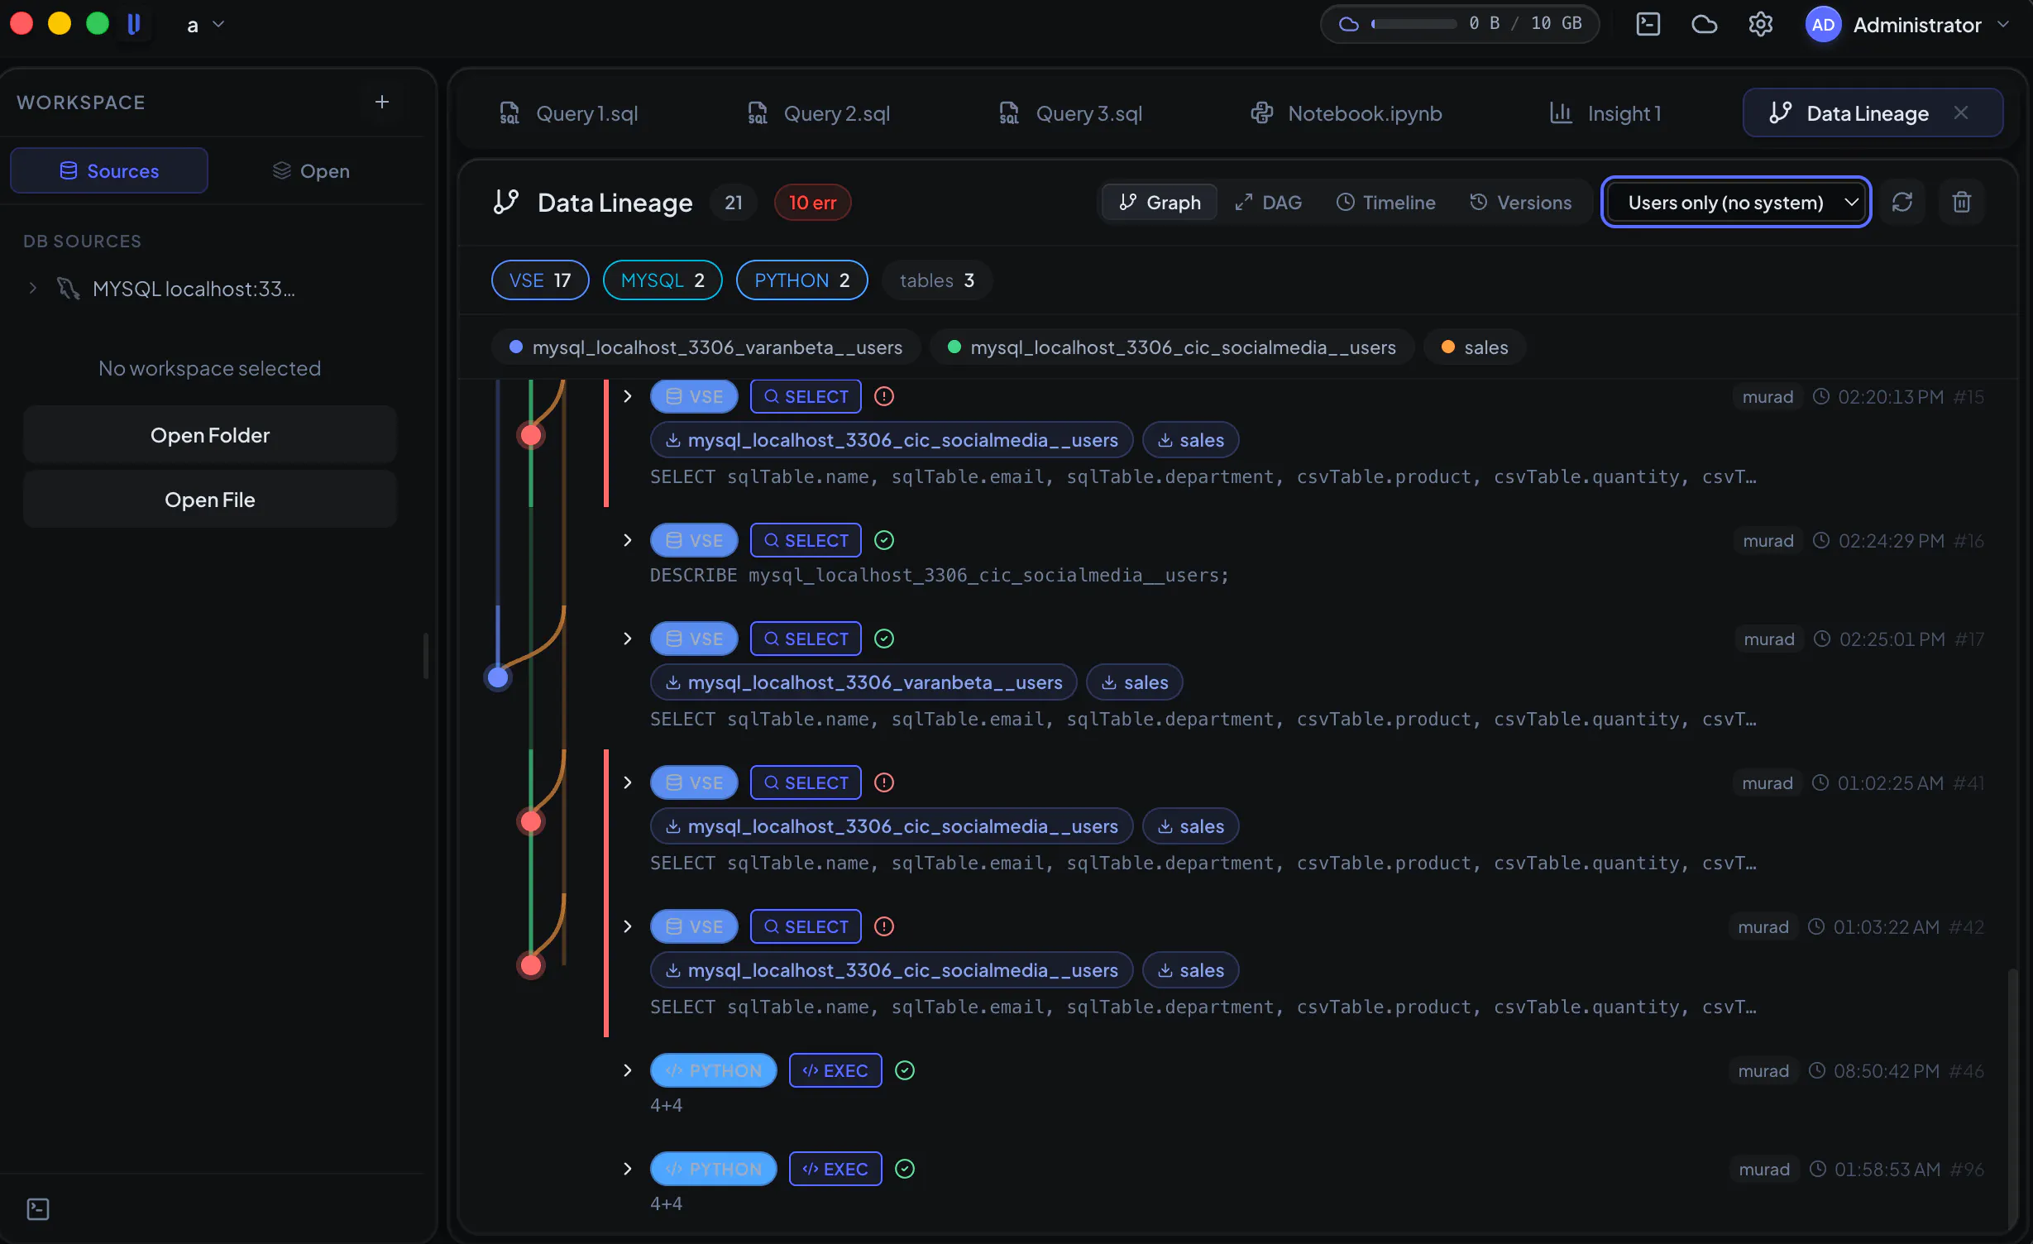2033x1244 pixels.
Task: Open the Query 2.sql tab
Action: (819, 113)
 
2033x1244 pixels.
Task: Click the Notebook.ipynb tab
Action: (1346, 113)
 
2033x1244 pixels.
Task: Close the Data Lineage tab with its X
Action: (1960, 112)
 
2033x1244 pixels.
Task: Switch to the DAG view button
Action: (1268, 203)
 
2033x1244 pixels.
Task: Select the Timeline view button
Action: (1385, 203)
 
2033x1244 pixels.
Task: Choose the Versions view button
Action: (1520, 203)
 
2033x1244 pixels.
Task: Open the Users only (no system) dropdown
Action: (1736, 203)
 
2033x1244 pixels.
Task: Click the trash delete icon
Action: (1961, 203)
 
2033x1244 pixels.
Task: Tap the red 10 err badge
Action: (812, 203)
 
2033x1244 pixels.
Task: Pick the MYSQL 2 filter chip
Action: (663, 280)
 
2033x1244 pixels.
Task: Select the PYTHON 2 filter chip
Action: (801, 280)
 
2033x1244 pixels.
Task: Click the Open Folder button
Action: (210, 435)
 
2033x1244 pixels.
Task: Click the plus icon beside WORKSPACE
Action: (381, 102)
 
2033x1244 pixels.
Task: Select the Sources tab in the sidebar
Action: (109, 170)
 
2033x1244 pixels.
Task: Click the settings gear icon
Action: (1760, 24)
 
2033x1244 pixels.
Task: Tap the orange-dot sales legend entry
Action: (1475, 347)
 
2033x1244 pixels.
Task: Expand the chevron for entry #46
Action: (628, 1070)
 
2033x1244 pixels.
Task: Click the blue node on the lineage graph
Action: (498, 677)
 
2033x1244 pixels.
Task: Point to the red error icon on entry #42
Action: (884, 926)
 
